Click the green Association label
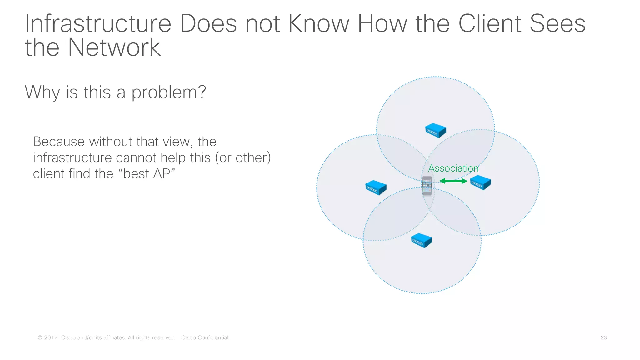click(x=453, y=168)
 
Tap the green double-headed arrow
click(x=453, y=181)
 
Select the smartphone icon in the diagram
click(x=427, y=186)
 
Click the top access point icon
click(x=436, y=130)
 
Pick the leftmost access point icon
click(x=376, y=187)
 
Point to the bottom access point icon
click(x=421, y=240)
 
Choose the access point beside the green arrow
click(x=481, y=182)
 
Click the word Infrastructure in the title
click(x=98, y=24)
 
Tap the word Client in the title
click(x=490, y=24)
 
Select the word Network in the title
click(x=114, y=47)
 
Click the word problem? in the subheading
click(x=169, y=92)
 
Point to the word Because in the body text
click(x=59, y=142)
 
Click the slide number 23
click(x=603, y=337)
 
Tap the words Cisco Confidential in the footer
click(x=205, y=337)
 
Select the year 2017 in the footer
click(x=51, y=337)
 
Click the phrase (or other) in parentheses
click(x=243, y=157)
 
